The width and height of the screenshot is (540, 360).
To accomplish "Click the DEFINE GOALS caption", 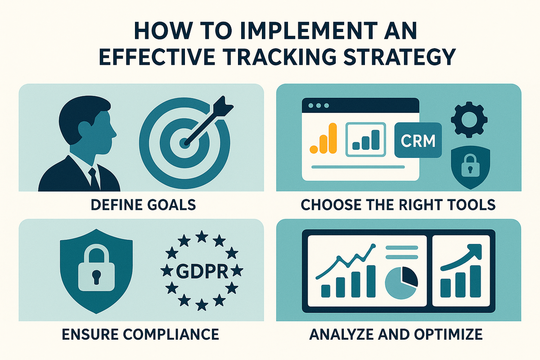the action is click(x=143, y=205).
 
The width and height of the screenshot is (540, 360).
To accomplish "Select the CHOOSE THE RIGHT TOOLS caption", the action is click(x=398, y=205).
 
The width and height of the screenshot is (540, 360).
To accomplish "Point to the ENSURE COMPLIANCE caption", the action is click(x=140, y=334).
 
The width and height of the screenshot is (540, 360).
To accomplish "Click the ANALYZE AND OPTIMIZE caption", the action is click(x=396, y=334).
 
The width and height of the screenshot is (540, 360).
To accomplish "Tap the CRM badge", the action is click(x=418, y=140).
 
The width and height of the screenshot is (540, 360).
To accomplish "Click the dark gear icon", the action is click(x=469, y=120).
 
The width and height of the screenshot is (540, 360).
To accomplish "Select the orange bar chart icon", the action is click(x=323, y=138).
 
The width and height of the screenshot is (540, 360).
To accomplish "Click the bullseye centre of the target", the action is click(x=184, y=143).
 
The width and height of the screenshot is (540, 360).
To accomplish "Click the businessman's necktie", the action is click(x=94, y=179).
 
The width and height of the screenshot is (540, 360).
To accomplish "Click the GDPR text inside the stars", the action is click(x=202, y=271).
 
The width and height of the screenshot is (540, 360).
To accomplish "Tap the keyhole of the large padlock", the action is click(x=96, y=277).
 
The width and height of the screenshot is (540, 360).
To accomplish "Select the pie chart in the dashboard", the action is click(x=401, y=283).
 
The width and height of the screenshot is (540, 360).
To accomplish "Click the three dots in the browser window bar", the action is click(x=319, y=106).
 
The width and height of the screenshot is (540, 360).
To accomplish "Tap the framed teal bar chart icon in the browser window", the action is click(x=366, y=139).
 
